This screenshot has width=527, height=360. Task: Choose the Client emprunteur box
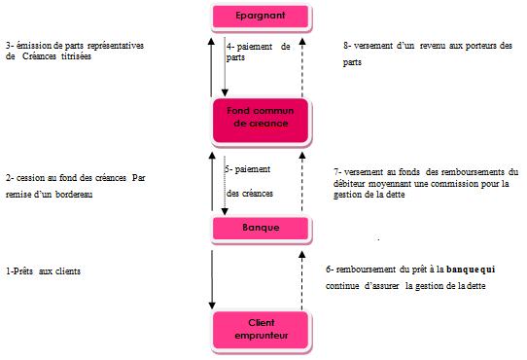tap(260, 329)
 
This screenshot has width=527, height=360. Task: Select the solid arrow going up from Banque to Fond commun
tap(211, 180)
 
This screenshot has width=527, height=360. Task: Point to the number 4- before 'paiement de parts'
tap(229, 46)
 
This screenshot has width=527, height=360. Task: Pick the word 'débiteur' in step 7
tap(350, 185)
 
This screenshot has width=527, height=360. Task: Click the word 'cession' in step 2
tap(32, 179)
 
